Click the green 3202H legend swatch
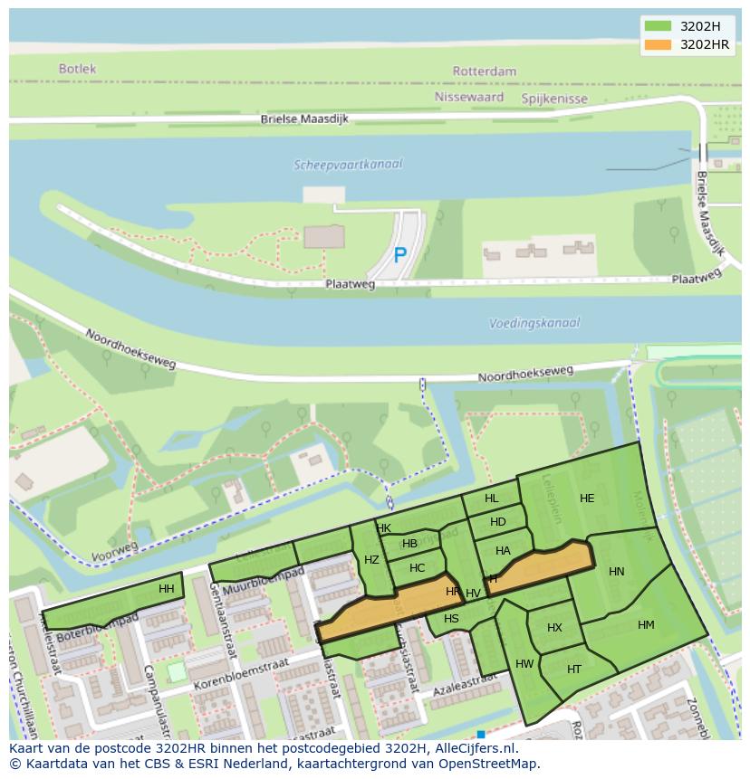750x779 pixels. pos(658,26)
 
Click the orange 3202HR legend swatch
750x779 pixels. pos(658,44)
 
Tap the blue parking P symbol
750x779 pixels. pos(399,256)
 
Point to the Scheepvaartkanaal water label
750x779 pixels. pos(348,165)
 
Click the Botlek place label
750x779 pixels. pos(77,69)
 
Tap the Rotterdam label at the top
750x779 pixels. pos(485,71)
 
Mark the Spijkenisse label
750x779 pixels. pos(554,99)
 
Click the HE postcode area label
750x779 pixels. pos(587,499)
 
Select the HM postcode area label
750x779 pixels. pos(646,625)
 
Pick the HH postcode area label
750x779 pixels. pos(167,589)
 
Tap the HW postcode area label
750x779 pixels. pos(524,664)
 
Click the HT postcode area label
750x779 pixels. pos(574,670)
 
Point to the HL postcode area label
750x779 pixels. pos(491,499)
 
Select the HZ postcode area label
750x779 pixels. pos(371,560)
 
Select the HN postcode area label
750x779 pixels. pos(617,572)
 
